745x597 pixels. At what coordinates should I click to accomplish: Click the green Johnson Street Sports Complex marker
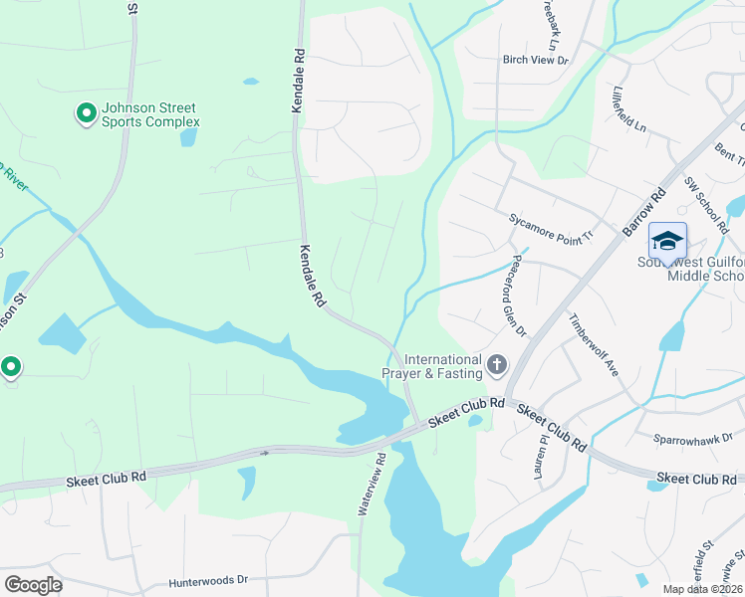(x=86, y=114)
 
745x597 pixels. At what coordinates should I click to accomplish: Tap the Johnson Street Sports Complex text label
(x=150, y=114)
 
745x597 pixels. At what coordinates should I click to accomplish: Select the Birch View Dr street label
(x=535, y=61)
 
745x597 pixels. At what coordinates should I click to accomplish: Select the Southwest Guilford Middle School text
(x=690, y=269)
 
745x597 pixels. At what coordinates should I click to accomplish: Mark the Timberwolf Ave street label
(x=594, y=345)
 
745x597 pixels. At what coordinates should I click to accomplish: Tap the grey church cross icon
(x=497, y=366)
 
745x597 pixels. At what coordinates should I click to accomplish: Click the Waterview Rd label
(x=372, y=486)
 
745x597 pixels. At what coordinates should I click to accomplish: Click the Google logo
(x=32, y=585)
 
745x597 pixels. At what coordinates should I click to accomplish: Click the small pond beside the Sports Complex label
(x=188, y=137)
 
